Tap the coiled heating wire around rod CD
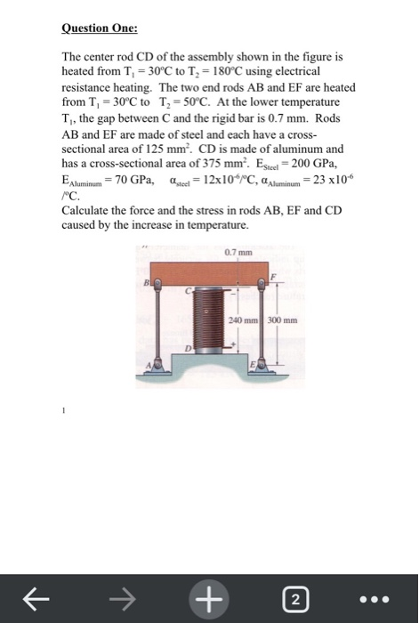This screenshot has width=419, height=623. [209, 320]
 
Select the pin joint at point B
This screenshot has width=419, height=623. [157, 285]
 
